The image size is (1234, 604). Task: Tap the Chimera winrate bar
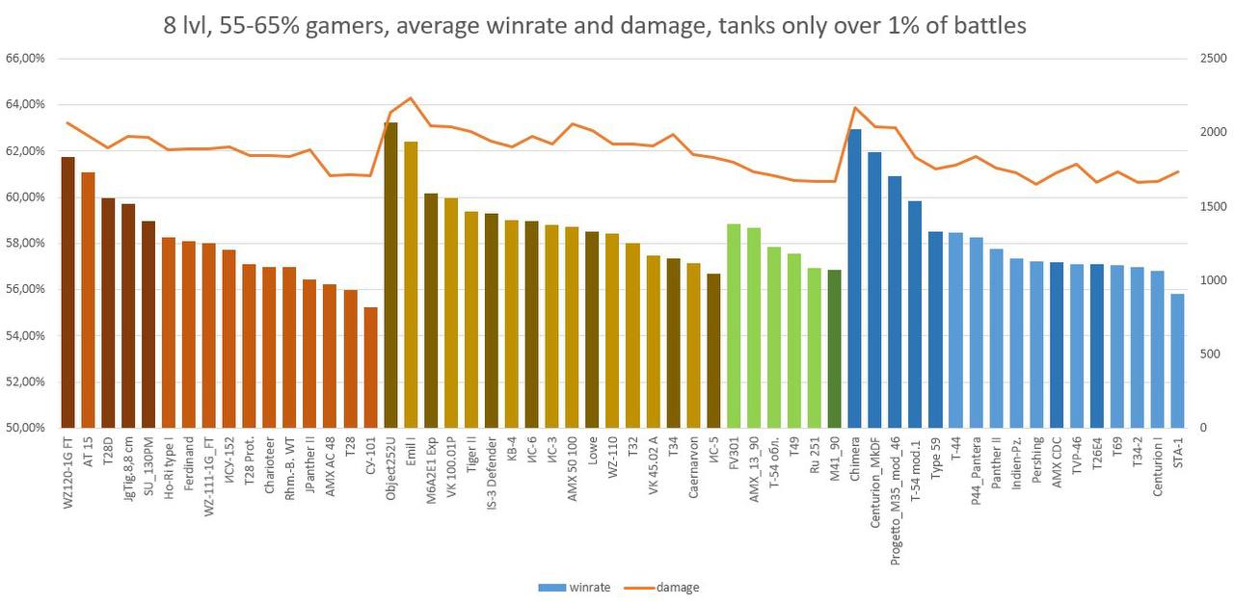[854, 278]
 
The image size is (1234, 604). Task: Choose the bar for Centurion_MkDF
[874, 290]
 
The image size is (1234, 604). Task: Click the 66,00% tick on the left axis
[25, 59]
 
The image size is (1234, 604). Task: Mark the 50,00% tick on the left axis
[25, 428]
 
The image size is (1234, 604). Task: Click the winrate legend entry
[589, 587]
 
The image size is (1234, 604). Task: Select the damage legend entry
[679, 587]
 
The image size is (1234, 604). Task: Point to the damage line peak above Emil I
[411, 98]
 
